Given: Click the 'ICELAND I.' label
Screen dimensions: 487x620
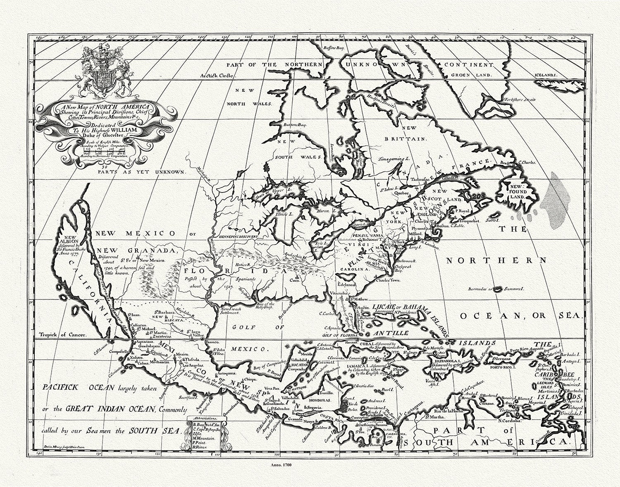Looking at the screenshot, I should (570, 75).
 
